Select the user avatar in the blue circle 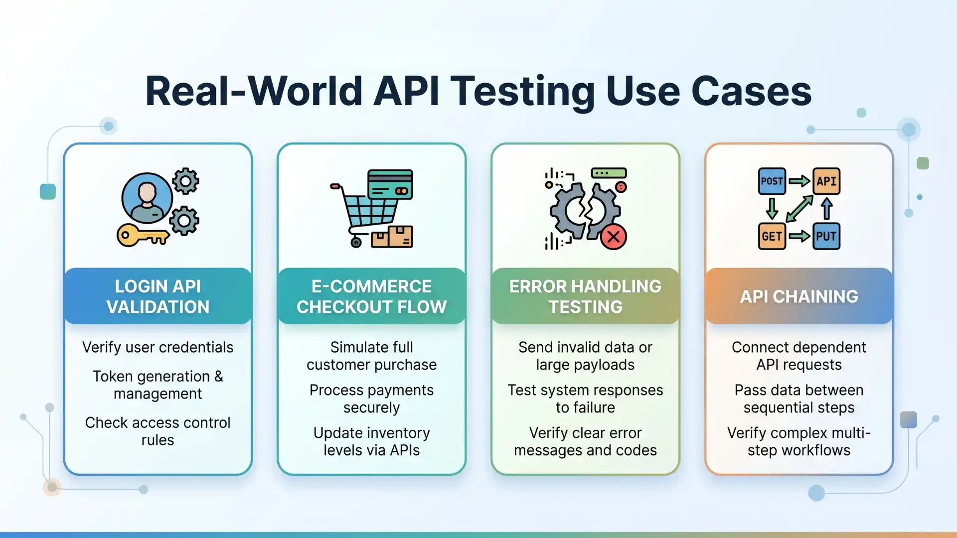click(147, 198)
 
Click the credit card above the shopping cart click(390, 184)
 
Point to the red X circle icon click(614, 237)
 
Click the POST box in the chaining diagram click(772, 181)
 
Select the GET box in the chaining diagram click(772, 236)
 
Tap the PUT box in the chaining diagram click(826, 236)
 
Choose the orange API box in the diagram click(826, 181)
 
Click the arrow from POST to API click(799, 181)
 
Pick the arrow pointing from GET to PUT click(799, 236)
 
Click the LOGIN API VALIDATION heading click(158, 296)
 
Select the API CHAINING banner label click(799, 296)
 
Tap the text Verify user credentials click(158, 347)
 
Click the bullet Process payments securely click(372, 399)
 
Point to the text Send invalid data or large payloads click(585, 356)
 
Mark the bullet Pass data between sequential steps click(799, 399)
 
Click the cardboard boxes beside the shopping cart click(392, 237)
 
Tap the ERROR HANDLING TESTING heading click(585, 296)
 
